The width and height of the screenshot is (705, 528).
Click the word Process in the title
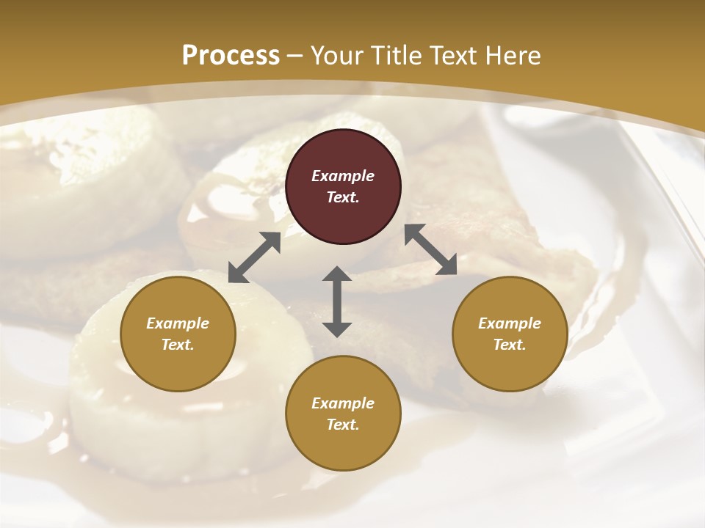point(231,56)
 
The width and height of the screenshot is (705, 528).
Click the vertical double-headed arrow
point(337,301)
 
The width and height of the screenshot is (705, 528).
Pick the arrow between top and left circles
point(255,257)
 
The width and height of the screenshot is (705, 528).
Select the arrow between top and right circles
point(430,249)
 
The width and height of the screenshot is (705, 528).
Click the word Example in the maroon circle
point(343,176)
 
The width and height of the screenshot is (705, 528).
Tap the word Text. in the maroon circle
point(343,197)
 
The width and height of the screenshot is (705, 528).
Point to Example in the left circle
point(178,323)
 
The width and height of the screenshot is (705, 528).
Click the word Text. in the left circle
point(178,345)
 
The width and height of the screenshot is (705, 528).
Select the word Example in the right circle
point(510,323)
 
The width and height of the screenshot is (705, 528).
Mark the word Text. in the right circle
point(510,345)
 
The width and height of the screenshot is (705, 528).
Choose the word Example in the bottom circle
point(343,403)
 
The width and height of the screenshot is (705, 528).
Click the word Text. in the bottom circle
point(343,425)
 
